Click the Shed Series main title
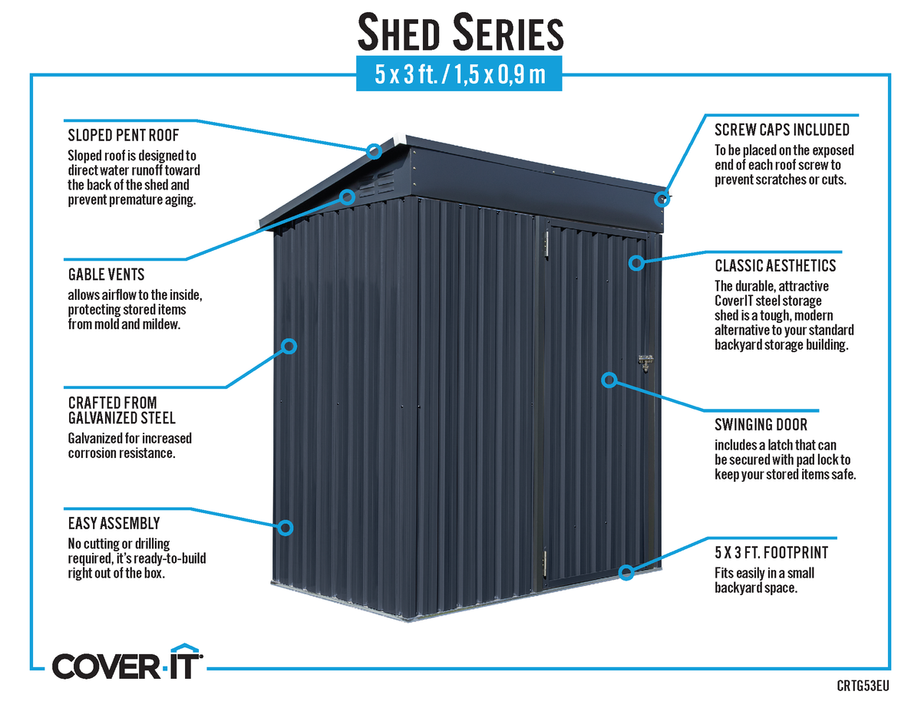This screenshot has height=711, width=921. tap(460, 32)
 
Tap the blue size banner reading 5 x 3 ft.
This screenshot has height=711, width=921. tap(459, 74)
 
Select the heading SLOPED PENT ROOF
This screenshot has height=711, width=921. tap(124, 135)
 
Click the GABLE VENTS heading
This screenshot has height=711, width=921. tap(107, 275)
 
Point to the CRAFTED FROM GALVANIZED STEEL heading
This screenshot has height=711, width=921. tap(121, 410)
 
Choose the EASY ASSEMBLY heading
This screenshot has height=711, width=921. tap(114, 523)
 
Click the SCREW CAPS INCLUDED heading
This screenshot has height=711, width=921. tap(782, 130)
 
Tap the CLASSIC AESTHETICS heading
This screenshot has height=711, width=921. tap(775, 265)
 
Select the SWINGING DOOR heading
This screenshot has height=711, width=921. tap(761, 424)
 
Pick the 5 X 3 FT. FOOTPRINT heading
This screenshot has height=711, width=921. tap(771, 552)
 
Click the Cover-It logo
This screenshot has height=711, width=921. tap(127, 662)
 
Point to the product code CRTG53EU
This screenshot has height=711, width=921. tap(863, 686)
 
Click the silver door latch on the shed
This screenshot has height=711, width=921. tap(645, 363)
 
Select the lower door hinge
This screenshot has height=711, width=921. tap(545, 564)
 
